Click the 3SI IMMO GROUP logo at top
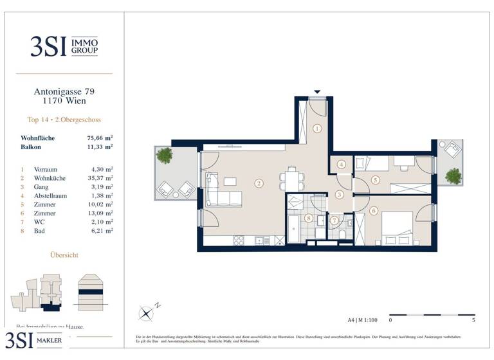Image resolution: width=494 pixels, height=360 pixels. (x=64, y=46)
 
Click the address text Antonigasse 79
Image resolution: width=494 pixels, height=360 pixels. (x=64, y=92)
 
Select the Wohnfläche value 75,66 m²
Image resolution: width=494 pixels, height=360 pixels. (x=100, y=138)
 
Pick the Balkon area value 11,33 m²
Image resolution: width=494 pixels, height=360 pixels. (x=100, y=147)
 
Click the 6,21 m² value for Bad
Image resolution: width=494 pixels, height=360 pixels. (x=100, y=230)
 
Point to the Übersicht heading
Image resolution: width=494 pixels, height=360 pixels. (x=64, y=255)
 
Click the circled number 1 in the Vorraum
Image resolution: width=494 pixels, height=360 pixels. (x=317, y=129)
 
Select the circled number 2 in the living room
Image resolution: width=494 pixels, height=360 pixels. (x=259, y=183)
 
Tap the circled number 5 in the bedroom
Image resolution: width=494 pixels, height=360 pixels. (x=376, y=180)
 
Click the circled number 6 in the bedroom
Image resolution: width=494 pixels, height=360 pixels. (x=374, y=211)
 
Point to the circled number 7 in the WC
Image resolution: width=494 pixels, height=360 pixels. (x=334, y=221)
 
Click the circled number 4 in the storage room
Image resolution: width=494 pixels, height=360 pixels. (x=341, y=164)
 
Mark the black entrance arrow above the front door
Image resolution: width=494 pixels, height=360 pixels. (x=316, y=92)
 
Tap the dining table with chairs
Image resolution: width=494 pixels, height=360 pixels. (x=293, y=177)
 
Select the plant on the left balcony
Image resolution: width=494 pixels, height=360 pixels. (x=165, y=155)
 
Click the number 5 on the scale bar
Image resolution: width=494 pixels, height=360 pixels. (x=473, y=319)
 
